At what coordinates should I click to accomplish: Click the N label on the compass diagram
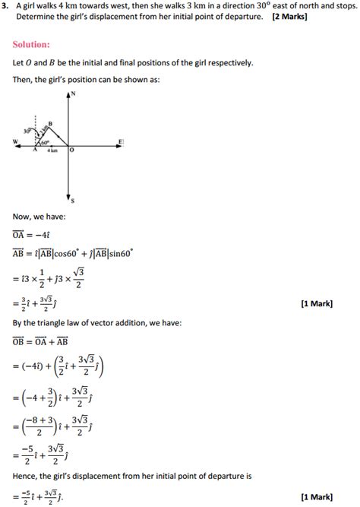(x=73, y=93)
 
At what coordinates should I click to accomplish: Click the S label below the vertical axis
(x=72, y=201)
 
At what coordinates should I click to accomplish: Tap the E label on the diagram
(x=121, y=141)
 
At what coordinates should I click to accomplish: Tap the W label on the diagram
(x=15, y=142)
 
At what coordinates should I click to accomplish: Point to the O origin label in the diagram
(x=71, y=151)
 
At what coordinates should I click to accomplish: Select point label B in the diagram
(x=50, y=122)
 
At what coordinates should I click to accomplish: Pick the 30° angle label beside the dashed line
(x=27, y=131)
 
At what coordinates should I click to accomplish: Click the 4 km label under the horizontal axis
(x=52, y=151)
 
